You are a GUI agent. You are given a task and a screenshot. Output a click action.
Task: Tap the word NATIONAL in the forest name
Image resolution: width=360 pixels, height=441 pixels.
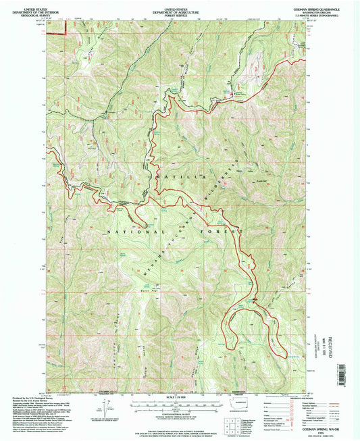[125, 232]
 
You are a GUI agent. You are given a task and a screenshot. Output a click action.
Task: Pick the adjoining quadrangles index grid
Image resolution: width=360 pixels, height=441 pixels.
[228, 423]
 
